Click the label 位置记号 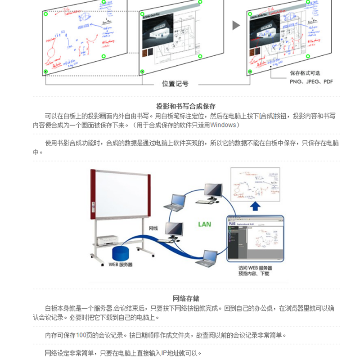[x=175, y=84]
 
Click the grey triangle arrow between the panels [x=236, y=25]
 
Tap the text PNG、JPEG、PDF [x=311, y=82]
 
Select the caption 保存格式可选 [x=306, y=73]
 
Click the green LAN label [x=204, y=224]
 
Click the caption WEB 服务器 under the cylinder [x=120, y=265]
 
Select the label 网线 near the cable [x=153, y=229]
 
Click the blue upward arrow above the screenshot [x=255, y=207]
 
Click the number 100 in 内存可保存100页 [x=83, y=335]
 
